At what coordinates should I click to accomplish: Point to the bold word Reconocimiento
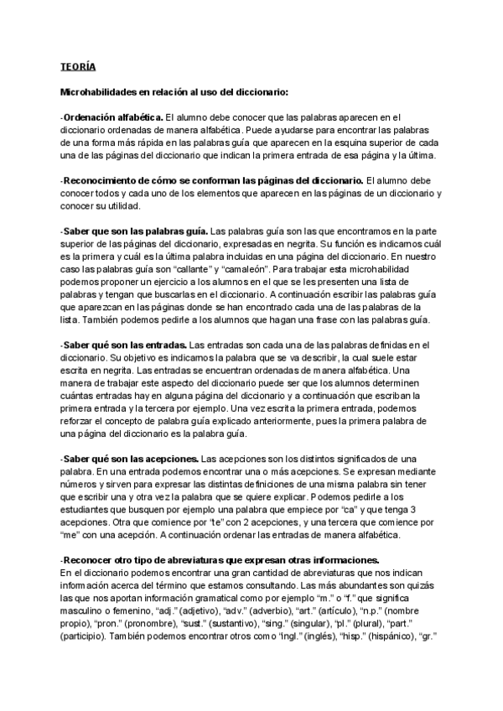tap(106, 180)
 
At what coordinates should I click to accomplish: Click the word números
tap(80, 485)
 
